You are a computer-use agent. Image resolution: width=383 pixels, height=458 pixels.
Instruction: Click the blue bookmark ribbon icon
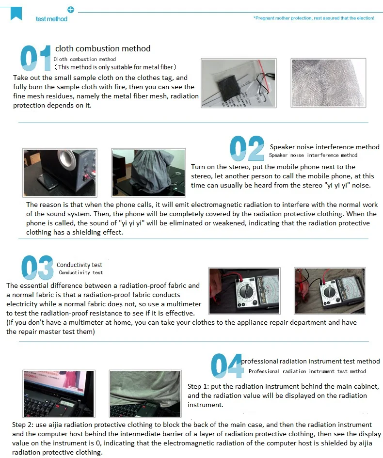[x=16, y=14]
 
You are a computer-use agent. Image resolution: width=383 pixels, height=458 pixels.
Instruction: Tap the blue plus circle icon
[x=71, y=10]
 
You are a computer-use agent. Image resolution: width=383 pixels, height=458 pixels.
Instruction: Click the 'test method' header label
[x=51, y=19]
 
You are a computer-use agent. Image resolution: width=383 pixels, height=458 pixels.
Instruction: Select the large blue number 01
[x=35, y=58]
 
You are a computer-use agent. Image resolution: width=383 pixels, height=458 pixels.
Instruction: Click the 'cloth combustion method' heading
[x=103, y=48]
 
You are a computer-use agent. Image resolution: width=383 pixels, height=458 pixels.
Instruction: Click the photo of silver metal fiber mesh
[x=328, y=83]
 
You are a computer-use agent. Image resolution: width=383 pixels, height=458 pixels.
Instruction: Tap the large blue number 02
[x=247, y=148]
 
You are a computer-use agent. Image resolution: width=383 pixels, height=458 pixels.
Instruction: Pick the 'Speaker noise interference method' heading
[x=324, y=147]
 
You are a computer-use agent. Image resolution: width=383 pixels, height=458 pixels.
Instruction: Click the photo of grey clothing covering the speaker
[x=148, y=173]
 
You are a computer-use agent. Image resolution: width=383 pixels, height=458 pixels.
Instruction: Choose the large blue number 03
[x=37, y=267]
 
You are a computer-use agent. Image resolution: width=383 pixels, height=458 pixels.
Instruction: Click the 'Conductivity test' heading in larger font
[x=80, y=265]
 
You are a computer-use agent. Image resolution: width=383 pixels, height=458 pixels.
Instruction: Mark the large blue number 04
[x=227, y=366]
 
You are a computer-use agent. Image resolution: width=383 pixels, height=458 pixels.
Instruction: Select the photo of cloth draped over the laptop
[x=145, y=394]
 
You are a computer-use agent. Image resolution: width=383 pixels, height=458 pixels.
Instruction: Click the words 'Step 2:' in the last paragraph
[x=23, y=425]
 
